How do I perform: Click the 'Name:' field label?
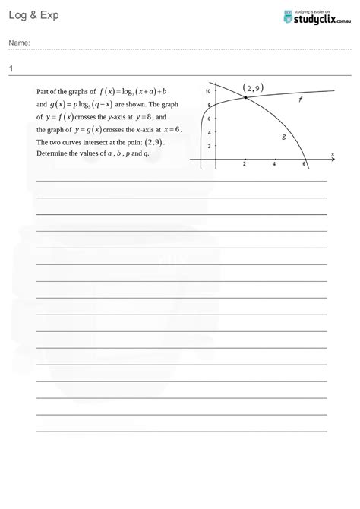click(20, 43)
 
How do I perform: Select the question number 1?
click(11, 69)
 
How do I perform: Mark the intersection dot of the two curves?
click(245, 98)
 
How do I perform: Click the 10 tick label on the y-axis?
click(207, 91)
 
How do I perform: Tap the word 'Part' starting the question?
click(43, 90)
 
